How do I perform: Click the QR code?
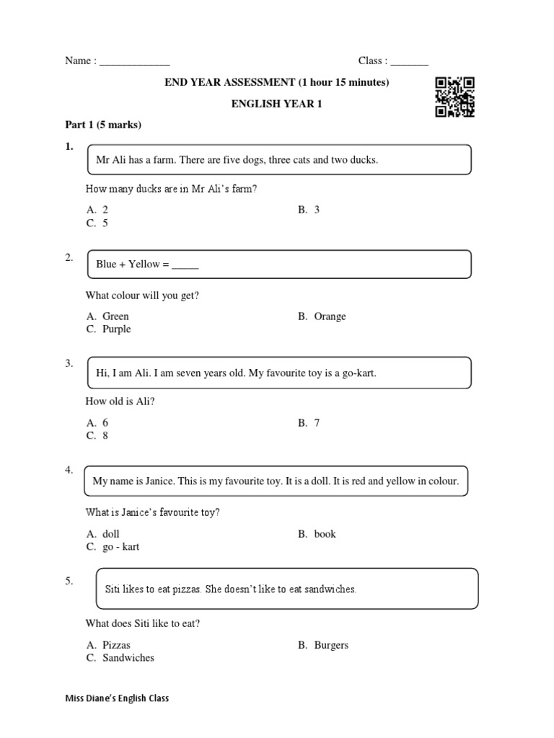click(x=454, y=97)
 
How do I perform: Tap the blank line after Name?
click(x=134, y=62)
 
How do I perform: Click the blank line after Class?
click(x=410, y=62)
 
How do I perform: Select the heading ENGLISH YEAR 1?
click(x=276, y=104)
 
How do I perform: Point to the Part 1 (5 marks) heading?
click(x=103, y=125)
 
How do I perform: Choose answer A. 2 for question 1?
click(x=97, y=210)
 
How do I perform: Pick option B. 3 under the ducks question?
click(x=309, y=210)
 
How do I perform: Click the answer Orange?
click(x=322, y=316)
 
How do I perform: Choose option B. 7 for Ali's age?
click(x=309, y=423)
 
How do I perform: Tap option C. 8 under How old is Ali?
click(x=97, y=436)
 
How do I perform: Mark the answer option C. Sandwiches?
click(x=120, y=658)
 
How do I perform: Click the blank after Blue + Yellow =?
click(x=185, y=265)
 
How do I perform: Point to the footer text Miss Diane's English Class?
click(x=118, y=698)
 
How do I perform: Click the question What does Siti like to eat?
click(x=143, y=623)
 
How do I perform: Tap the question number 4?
click(x=69, y=470)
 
